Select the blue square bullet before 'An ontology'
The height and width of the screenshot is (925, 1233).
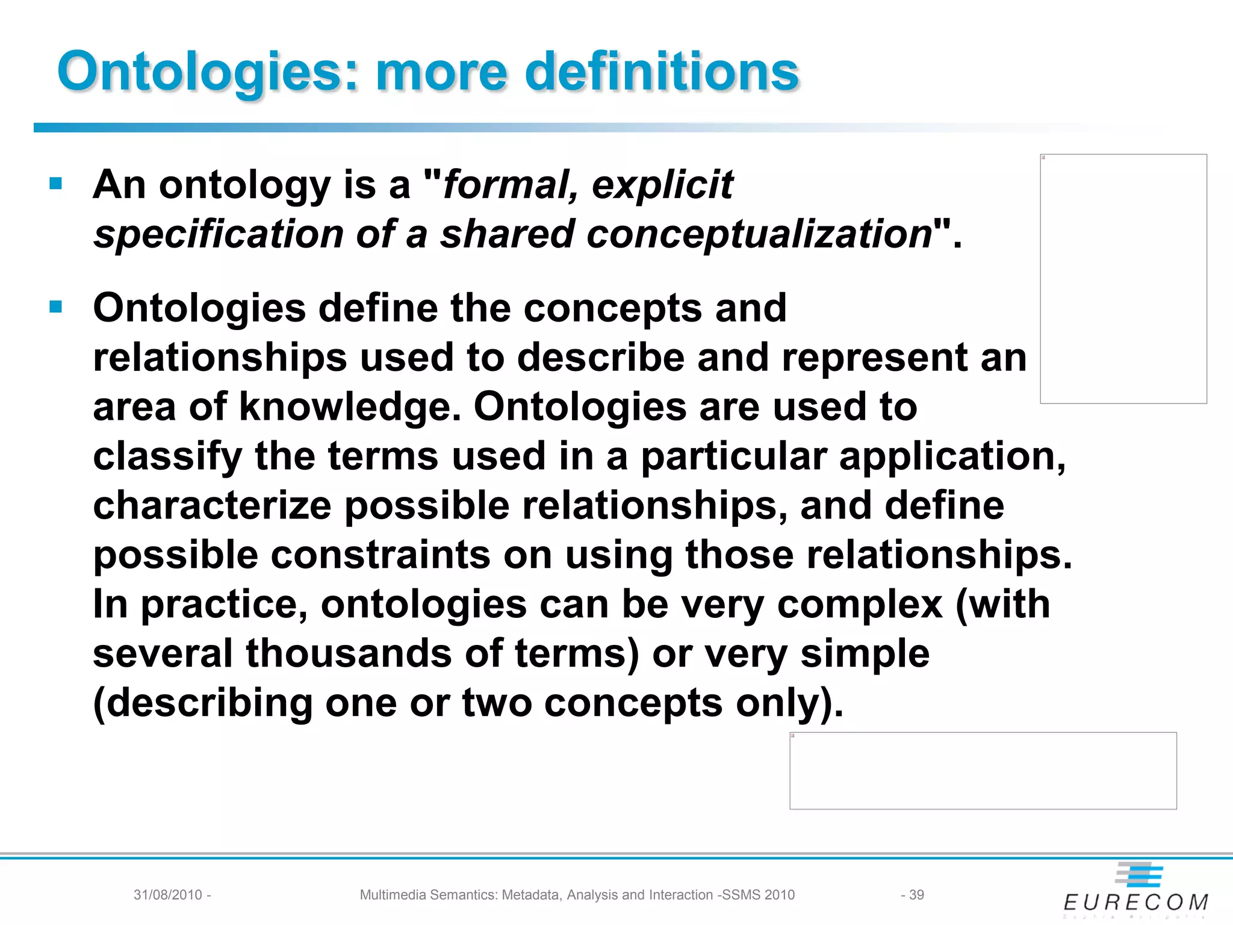(x=56, y=183)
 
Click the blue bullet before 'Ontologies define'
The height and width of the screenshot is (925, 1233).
(x=56, y=307)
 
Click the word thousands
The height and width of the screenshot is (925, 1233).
(x=349, y=653)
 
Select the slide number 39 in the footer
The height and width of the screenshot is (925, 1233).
(x=916, y=895)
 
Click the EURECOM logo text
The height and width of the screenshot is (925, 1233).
(x=1136, y=902)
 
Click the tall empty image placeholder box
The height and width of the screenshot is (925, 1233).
(x=1123, y=279)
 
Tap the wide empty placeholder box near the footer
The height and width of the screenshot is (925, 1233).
(x=983, y=771)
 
